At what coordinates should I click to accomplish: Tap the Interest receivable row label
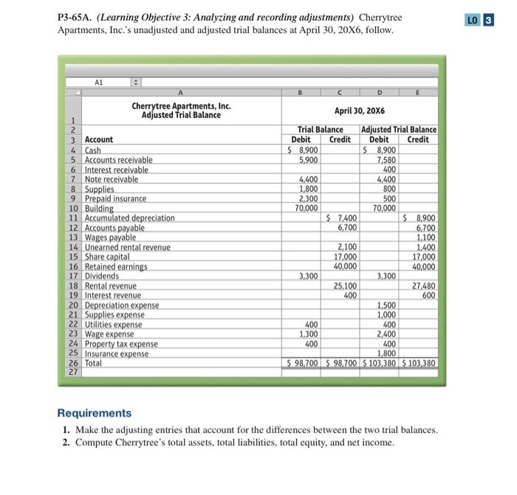pos(116,170)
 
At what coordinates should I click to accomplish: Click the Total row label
pos(94,363)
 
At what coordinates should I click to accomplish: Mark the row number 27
pos(74,373)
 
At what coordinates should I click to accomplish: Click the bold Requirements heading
pos(95,413)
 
